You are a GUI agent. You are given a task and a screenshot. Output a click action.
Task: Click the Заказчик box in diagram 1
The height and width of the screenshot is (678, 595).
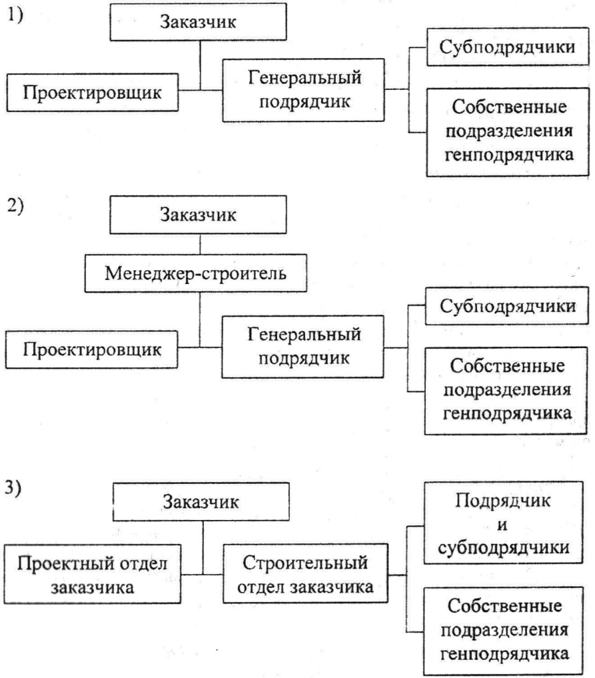coord(198,21)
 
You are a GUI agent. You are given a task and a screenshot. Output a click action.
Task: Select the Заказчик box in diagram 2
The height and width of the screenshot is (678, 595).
coord(198,215)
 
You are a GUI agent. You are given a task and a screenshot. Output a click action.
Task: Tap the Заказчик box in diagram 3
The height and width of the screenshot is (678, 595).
coord(201,501)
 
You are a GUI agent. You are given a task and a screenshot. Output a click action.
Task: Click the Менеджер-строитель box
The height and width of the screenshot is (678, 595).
coord(196,273)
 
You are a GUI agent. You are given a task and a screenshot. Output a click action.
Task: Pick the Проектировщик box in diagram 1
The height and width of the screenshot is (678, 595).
coord(92,93)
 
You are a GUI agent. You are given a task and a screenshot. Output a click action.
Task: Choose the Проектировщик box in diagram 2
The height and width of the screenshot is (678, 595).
coord(91,349)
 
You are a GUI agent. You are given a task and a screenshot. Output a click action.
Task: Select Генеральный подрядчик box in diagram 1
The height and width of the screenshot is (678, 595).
coord(303,90)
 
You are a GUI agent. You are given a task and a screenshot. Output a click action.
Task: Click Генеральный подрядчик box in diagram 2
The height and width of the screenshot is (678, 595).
coord(303,347)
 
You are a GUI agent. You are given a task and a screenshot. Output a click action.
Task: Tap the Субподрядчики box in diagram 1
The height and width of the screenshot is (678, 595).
coord(508,47)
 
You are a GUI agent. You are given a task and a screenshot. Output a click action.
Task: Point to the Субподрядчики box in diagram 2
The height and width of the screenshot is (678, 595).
coord(507,306)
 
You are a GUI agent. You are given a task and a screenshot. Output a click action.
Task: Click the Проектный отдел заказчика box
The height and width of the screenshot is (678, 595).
coord(93,574)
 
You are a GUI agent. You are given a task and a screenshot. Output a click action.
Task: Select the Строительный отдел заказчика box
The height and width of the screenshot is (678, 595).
coord(305,574)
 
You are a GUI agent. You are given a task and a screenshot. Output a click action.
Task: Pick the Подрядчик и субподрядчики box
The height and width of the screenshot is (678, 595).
coord(504,523)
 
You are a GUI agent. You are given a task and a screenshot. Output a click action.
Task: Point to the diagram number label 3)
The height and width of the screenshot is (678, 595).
coord(13,488)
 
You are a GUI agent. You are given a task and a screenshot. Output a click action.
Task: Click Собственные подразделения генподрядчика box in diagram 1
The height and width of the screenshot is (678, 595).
coord(508,132)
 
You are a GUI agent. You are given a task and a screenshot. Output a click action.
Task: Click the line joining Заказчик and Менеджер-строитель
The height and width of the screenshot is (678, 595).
coord(200,244)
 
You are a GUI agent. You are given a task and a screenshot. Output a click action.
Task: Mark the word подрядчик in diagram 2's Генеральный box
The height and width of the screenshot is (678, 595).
coord(304,359)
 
